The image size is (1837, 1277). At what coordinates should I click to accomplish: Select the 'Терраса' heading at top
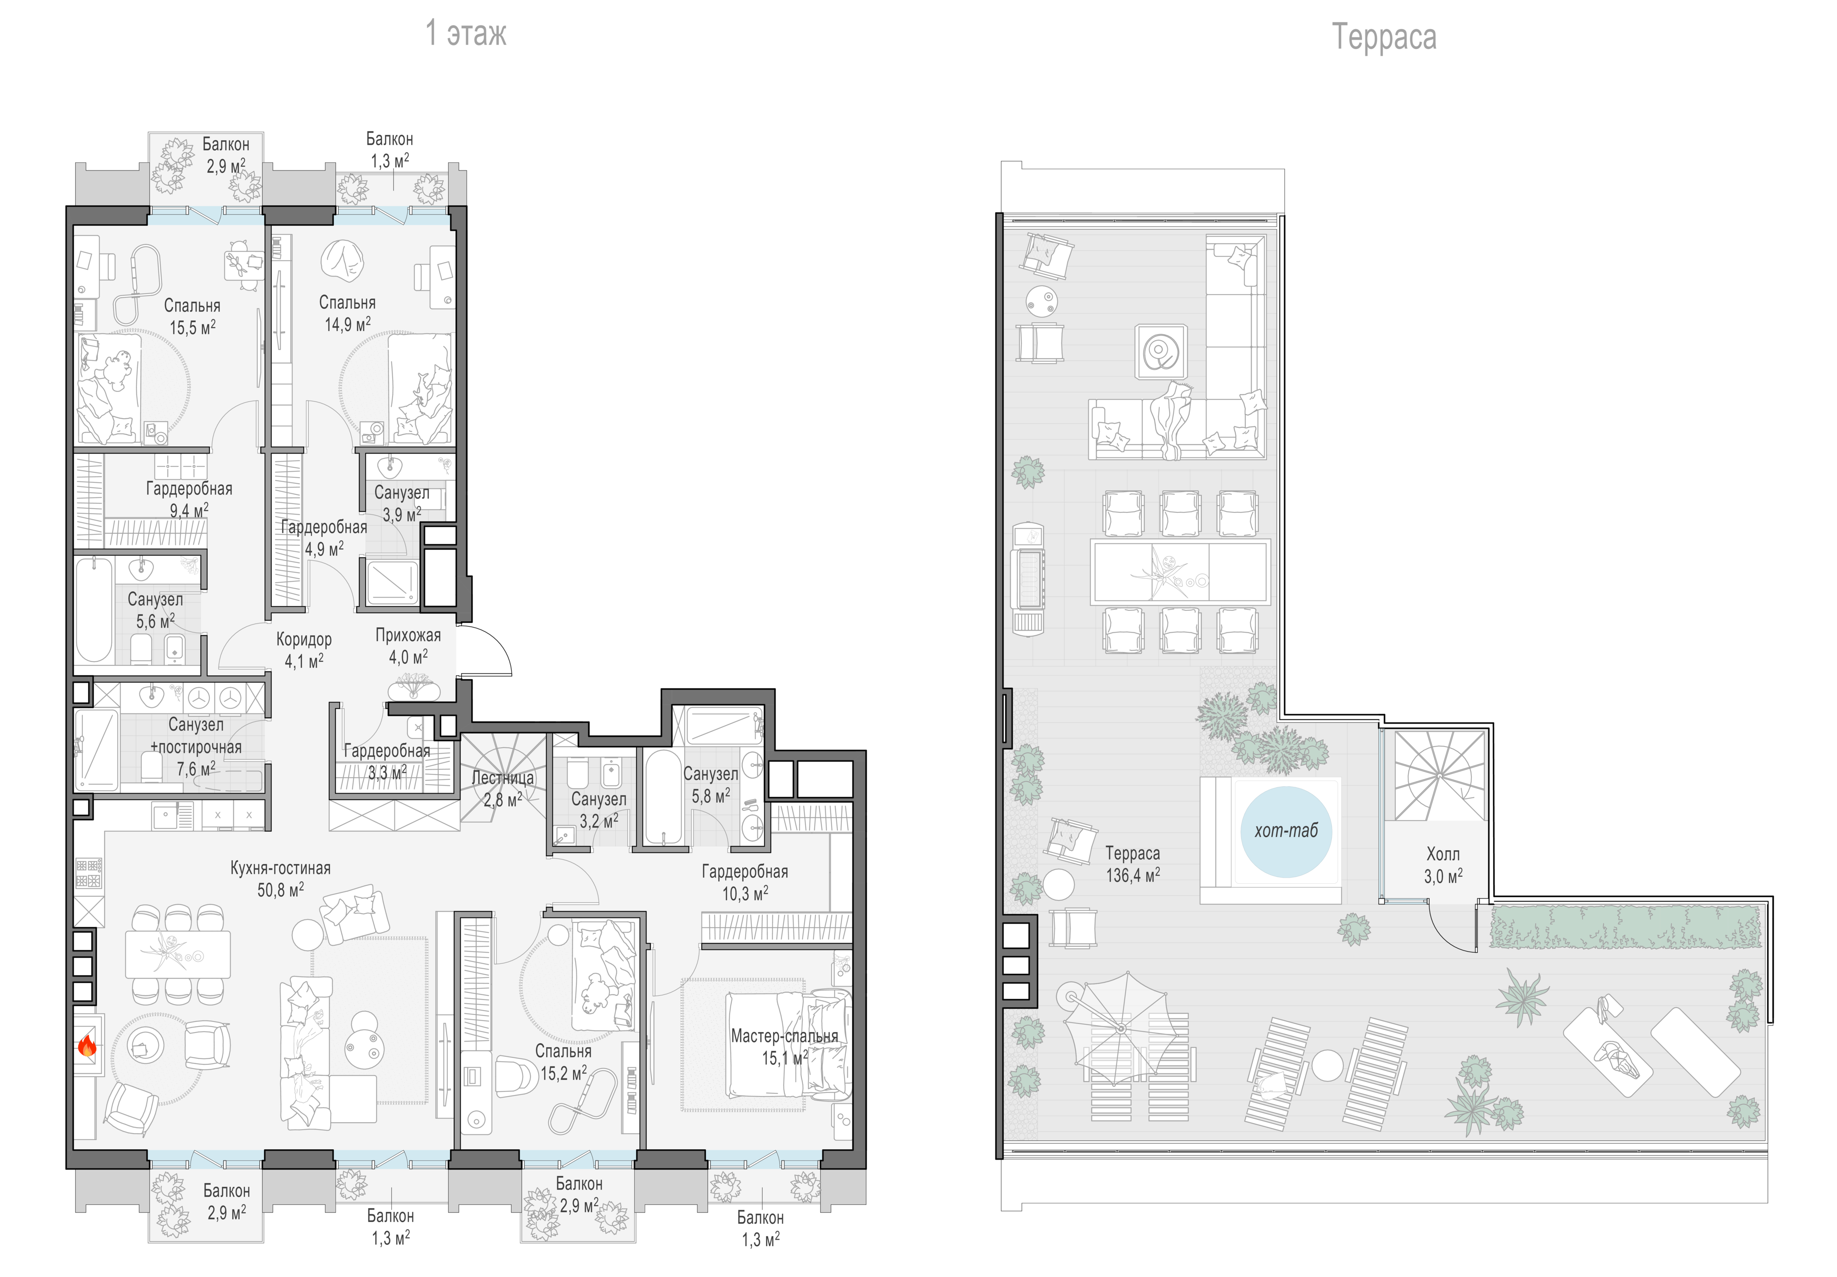1384,37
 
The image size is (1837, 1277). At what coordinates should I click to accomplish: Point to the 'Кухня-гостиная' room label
280,868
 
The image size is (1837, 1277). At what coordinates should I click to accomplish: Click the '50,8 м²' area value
280,890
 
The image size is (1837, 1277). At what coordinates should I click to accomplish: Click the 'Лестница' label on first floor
502,777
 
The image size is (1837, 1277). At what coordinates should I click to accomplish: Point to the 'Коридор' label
304,639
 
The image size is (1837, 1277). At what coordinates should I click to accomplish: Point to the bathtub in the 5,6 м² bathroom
94,610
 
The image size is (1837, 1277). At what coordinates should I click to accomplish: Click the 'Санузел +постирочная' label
196,736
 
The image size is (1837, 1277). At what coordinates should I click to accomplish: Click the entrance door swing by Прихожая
488,650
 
